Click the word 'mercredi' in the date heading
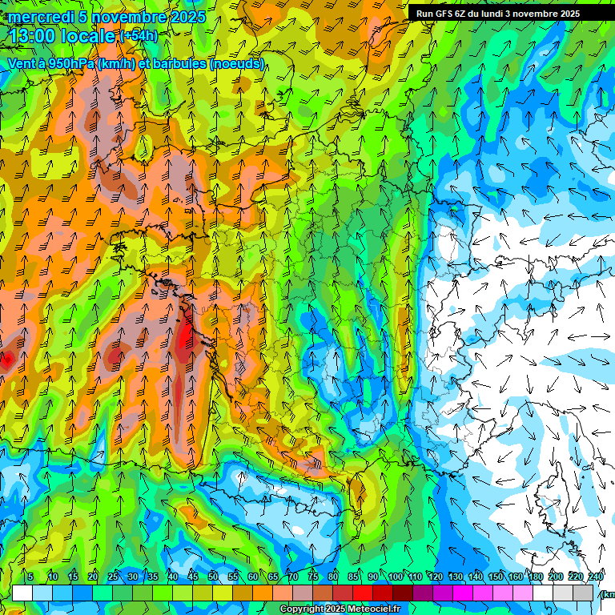coord(38,17)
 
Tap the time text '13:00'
coord(30,36)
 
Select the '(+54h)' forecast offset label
coord(139,36)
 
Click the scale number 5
coord(30,577)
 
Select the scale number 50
coord(213,577)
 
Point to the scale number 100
coord(396,577)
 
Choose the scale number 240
coord(596,577)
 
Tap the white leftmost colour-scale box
coord(22,593)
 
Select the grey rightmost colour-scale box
coord(584,593)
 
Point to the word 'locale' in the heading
coord(86,36)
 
